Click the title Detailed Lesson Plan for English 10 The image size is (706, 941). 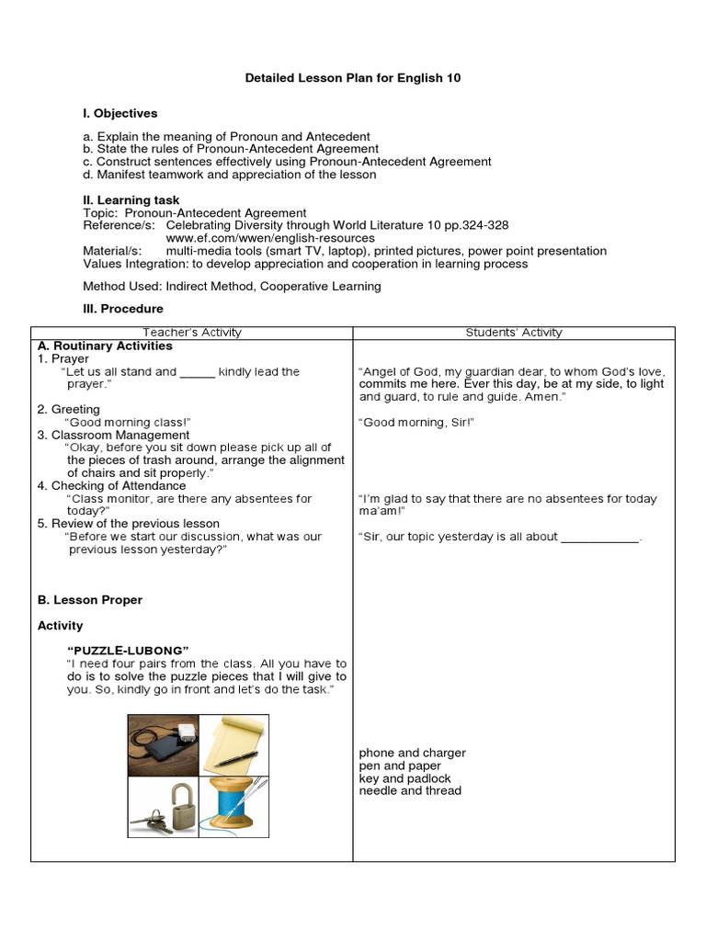click(353, 78)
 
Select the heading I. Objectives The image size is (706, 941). click(120, 113)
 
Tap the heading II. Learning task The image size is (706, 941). click(131, 200)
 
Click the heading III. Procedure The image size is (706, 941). click(123, 309)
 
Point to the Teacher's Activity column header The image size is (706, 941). click(192, 333)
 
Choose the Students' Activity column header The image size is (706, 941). click(514, 333)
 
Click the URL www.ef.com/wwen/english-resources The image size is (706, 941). click(270, 238)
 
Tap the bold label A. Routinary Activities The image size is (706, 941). click(105, 346)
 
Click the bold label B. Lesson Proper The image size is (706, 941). click(90, 600)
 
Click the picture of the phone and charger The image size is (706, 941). click(164, 745)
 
